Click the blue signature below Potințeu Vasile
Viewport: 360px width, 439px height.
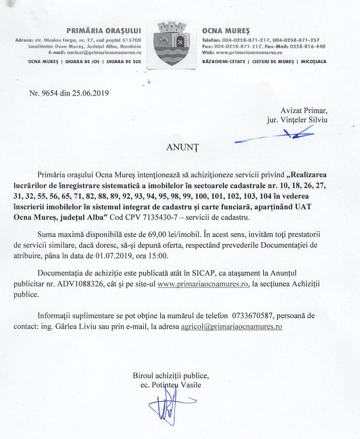[x=167, y=407]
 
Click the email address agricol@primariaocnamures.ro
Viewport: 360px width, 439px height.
[x=231, y=326]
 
